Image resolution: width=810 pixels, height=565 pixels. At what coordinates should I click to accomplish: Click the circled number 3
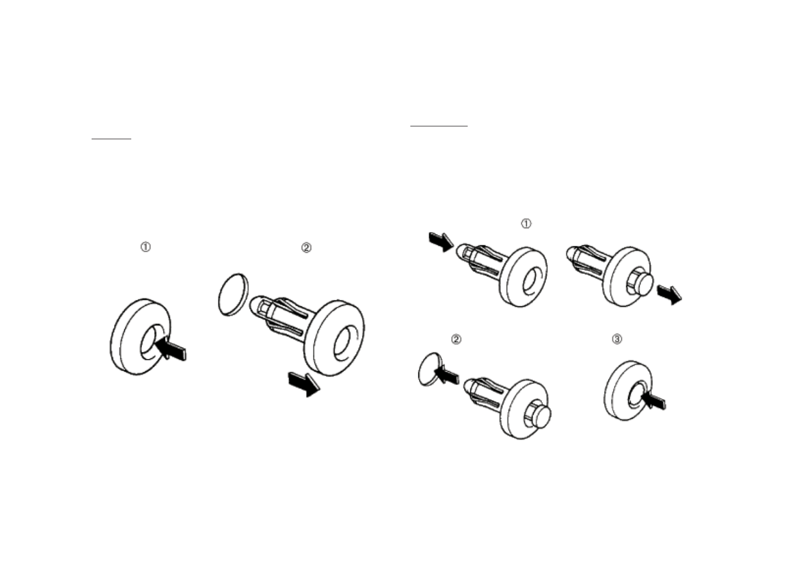tap(617, 339)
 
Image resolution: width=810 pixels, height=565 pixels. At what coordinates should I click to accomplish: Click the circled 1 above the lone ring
tap(145, 247)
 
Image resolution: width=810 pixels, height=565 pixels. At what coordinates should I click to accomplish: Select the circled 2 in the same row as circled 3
tap(456, 339)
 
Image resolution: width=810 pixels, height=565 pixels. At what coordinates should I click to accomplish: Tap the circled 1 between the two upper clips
tap(527, 224)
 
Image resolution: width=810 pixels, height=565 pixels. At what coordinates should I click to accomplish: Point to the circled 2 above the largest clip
tap(306, 247)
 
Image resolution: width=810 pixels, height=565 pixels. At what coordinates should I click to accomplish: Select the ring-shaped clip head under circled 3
tap(625, 391)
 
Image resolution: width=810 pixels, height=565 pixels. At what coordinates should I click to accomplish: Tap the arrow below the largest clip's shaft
tap(304, 384)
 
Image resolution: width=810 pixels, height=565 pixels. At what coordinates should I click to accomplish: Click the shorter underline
tap(111, 139)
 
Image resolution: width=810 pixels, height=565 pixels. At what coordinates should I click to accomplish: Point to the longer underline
tap(439, 126)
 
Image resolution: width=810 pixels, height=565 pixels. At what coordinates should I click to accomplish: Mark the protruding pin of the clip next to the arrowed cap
tap(541, 416)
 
